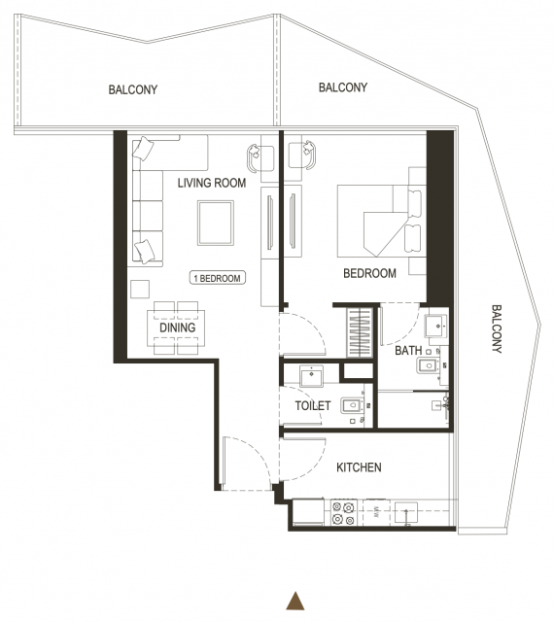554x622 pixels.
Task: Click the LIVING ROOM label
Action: point(212,183)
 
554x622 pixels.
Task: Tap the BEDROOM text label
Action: point(369,273)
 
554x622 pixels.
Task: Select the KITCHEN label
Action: point(359,467)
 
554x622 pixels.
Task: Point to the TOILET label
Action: point(313,405)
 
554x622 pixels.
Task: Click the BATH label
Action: point(408,351)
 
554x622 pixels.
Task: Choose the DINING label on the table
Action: point(178,328)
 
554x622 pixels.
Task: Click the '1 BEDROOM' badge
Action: point(218,278)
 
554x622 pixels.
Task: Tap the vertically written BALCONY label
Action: point(497,328)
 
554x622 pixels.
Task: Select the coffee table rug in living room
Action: point(216,223)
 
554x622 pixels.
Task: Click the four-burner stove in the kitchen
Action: point(343,513)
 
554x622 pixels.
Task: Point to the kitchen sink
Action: point(406,512)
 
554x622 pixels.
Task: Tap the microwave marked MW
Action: point(376,512)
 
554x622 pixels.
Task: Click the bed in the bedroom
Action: point(381,221)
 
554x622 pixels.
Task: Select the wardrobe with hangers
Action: point(360,332)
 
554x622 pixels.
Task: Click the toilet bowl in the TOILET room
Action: point(352,405)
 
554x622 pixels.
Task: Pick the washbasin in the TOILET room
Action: point(312,376)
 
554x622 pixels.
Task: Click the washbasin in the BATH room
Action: point(436,326)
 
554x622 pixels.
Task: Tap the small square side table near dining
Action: point(140,289)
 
